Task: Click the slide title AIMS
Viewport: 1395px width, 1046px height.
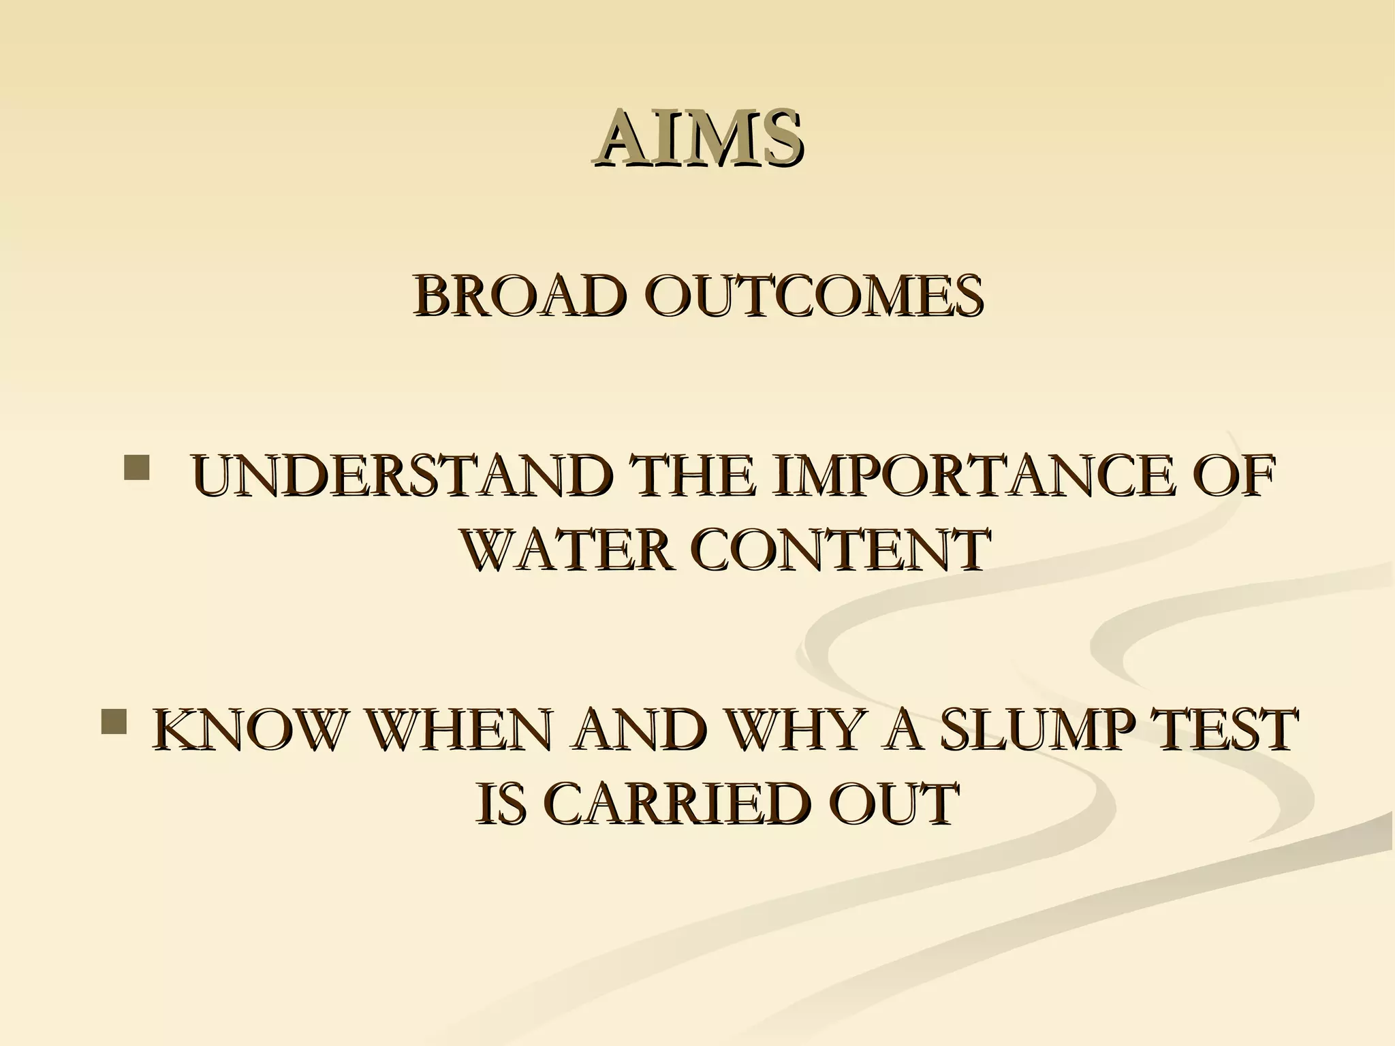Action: (697, 138)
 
